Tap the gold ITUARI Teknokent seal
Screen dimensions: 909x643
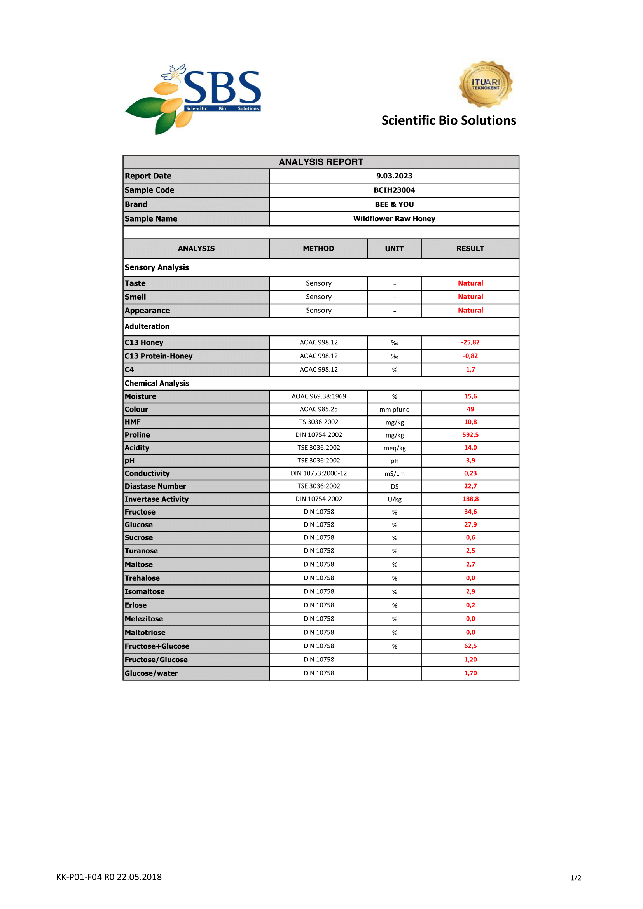[486, 84]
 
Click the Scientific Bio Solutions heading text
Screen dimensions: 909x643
[449, 120]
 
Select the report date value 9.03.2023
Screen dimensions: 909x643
[394, 176]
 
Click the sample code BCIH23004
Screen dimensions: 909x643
[394, 190]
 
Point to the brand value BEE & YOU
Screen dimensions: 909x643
[394, 204]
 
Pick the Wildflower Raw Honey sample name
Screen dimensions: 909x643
[394, 218]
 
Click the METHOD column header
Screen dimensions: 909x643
[318, 248]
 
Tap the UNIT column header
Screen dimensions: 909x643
[394, 249]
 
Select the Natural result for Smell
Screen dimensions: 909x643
[470, 297]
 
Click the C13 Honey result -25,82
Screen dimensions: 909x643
[470, 342]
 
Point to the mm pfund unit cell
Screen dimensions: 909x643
[394, 409]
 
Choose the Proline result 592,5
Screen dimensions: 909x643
[470, 435]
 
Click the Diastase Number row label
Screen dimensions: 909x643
[155, 486]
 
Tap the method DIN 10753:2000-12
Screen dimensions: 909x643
[318, 473]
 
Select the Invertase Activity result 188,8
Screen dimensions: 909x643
[470, 499]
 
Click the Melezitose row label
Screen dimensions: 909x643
[144, 619]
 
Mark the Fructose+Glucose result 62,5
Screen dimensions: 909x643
[470, 646]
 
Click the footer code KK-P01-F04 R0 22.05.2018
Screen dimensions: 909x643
[109, 877]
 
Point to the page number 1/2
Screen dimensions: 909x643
[575, 878]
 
